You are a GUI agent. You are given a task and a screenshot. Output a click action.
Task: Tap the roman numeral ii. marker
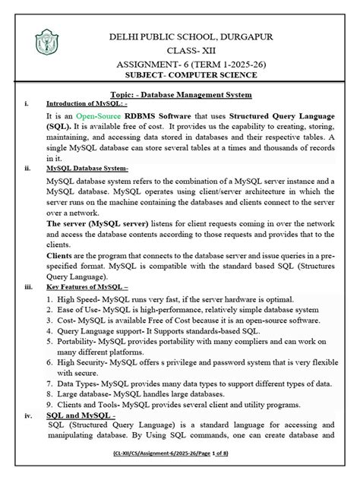pyautogui.click(x=28, y=169)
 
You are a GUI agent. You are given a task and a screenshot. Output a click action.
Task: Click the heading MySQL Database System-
pyautogui.click(x=87, y=169)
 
